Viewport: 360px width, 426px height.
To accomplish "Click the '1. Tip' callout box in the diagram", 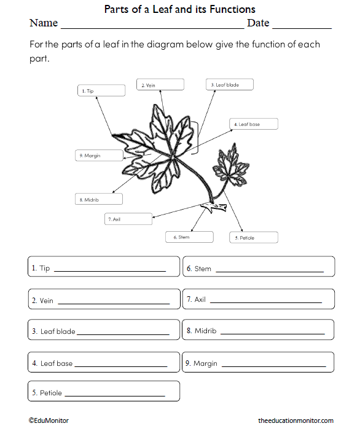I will click(x=101, y=90).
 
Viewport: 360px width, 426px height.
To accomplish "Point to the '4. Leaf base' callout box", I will click(x=253, y=124).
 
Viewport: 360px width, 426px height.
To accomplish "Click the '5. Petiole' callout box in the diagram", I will click(x=254, y=237).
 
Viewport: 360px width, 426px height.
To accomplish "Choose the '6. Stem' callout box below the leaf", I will click(x=189, y=237).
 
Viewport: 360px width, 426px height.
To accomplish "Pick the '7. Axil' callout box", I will click(x=128, y=219).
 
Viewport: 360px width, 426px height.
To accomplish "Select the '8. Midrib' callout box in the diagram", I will click(x=98, y=199).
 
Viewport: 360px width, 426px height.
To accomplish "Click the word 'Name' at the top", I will click(x=43, y=23).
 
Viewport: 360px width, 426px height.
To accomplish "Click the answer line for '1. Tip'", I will click(x=110, y=270).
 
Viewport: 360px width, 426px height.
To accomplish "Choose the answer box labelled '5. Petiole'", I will click(x=104, y=392).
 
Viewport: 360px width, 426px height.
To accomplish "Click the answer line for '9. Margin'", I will click(x=273, y=366).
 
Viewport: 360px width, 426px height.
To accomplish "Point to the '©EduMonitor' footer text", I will click(x=49, y=420).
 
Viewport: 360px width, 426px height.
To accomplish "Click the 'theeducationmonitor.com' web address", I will click(x=295, y=420).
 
